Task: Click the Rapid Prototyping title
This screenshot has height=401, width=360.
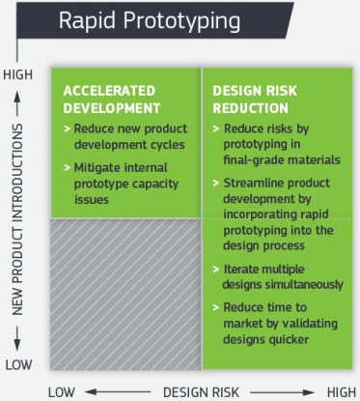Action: (x=143, y=20)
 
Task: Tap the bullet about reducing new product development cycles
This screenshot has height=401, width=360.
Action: (x=123, y=136)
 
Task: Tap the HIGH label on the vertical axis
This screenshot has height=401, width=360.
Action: (x=18, y=74)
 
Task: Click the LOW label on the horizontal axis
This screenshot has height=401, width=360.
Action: (x=61, y=390)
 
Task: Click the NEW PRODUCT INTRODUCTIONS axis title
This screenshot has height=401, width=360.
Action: (x=18, y=219)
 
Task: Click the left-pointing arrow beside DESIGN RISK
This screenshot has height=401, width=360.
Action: (x=121, y=390)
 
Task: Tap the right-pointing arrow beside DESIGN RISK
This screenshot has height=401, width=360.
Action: (x=281, y=390)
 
